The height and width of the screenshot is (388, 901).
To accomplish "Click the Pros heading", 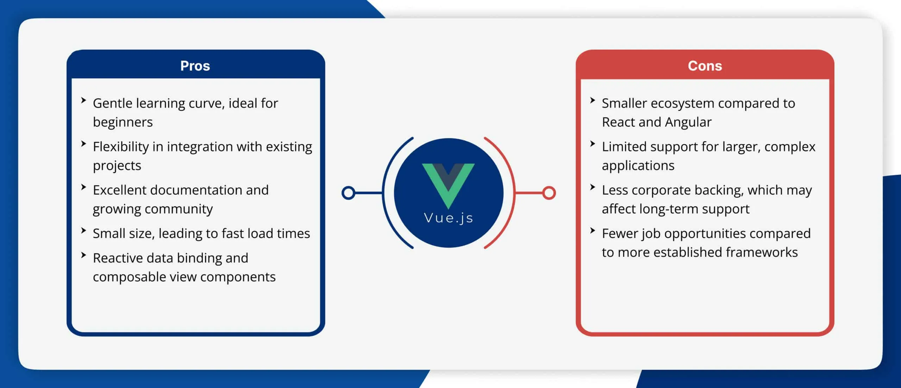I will pos(195,66).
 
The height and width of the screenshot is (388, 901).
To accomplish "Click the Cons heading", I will pos(705,66).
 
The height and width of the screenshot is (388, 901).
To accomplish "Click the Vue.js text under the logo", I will pos(448,218).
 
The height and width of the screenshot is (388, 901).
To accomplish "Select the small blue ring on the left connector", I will pos(348,193).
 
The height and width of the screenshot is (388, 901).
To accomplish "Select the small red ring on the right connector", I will pos(549,193).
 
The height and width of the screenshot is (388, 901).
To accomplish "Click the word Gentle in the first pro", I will pos(113,104).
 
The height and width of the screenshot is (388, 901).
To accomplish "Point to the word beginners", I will pos(123,122).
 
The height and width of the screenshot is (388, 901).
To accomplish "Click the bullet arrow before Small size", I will pos(83,231).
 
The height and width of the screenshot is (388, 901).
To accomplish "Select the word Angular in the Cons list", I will pos(688,122).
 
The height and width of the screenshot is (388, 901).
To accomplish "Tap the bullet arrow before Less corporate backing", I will pos(593,187).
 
